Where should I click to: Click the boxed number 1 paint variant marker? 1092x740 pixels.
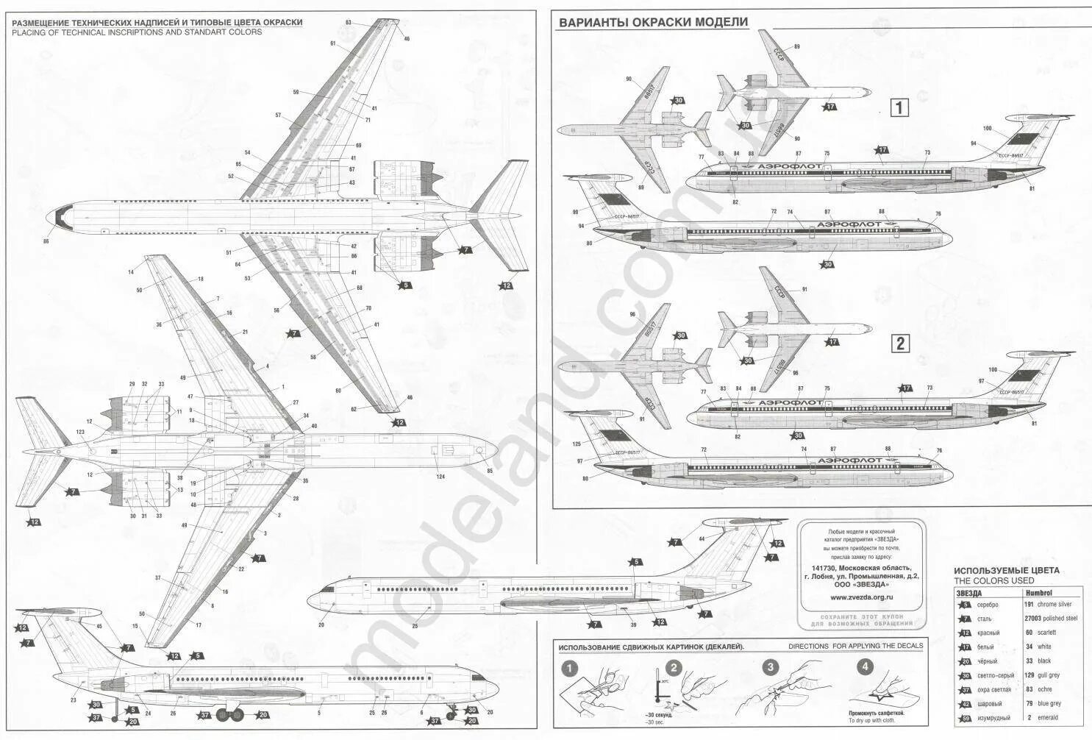coord(899,108)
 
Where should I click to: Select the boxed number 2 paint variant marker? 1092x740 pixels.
coord(899,343)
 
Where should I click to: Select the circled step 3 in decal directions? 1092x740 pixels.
coord(769,668)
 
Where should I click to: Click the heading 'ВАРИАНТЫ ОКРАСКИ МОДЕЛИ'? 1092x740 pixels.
coord(653,22)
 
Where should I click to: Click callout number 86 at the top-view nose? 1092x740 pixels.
coord(46,241)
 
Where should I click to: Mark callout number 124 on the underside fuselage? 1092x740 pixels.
coord(440,477)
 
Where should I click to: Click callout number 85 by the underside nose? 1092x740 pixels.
coord(489,471)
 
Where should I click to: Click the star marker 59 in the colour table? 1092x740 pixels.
coord(965,717)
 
